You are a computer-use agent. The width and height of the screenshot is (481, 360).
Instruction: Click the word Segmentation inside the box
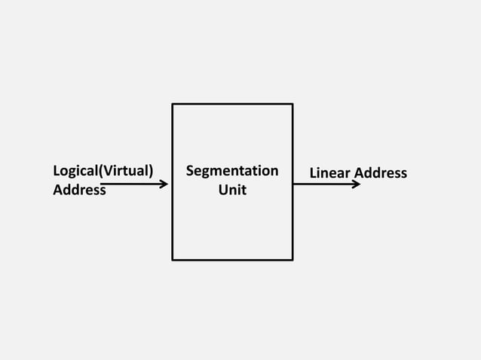(232, 172)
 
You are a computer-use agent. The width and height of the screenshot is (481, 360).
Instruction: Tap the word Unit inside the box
(232, 190)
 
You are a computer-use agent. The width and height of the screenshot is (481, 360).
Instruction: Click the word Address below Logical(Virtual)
(79, 190)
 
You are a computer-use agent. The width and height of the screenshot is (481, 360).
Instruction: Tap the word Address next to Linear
(381, 173)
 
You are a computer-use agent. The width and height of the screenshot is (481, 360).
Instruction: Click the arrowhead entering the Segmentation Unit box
(164, 183)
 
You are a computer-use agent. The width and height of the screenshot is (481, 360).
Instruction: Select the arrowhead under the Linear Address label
(357, 184)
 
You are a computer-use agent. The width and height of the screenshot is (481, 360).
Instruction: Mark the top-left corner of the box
(173, 104)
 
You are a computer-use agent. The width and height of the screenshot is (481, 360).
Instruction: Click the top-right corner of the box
(293, 104)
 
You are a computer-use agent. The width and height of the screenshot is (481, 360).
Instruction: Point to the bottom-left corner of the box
(173, 260)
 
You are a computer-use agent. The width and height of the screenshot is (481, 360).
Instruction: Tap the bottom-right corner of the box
(293, 260)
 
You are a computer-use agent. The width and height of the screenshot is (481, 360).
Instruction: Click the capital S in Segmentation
(190, 172)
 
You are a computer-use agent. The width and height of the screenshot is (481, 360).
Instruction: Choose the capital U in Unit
(222, 190)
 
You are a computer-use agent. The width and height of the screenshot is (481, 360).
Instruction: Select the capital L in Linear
(313, 173)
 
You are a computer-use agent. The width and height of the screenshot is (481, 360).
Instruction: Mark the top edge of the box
(232, 104)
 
